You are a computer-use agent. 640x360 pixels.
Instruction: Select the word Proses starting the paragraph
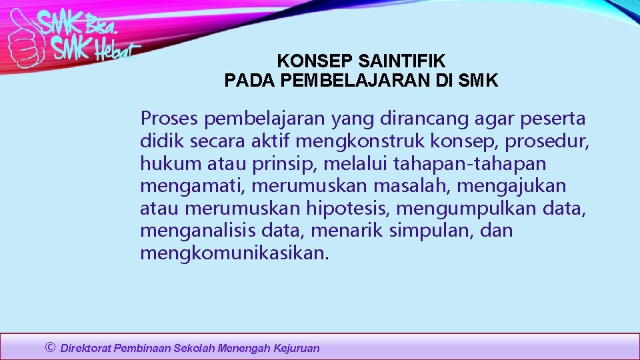click(169, 119)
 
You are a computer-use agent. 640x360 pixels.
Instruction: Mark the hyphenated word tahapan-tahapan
click(470, 164)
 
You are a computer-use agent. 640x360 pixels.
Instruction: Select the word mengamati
click(193, 186)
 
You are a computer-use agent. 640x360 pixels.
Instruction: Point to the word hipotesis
click(349, 209)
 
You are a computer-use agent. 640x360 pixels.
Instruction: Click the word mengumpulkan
click(467, 209)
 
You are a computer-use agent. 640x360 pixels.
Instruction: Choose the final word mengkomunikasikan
click(234, 253)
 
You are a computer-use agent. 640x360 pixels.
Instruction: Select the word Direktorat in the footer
click(86, 348)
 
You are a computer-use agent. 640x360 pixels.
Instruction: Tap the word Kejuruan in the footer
click(297, 348)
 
